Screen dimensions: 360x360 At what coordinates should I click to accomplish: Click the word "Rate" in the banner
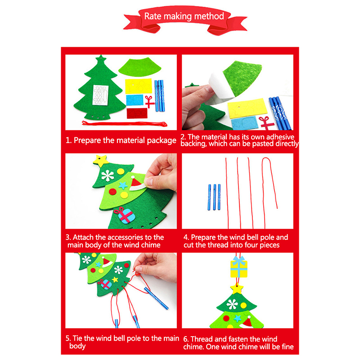(x=153, y=16)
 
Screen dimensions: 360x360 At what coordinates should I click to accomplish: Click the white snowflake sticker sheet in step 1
(x=100, y=95)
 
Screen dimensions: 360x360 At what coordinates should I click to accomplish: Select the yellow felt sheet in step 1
(x=139, y=86)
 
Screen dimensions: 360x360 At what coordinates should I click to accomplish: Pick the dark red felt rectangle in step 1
(x=137, y=113)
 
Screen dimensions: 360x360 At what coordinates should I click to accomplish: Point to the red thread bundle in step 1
(x=125, y=124)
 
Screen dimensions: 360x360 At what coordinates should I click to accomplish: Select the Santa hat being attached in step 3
(x=137, y=184)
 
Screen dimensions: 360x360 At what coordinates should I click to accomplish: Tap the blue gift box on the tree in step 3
(x=125, y=215)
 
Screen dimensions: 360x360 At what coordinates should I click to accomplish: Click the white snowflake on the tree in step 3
(x=108, y=176)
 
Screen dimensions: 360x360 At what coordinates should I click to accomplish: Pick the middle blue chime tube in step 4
(x=215, y=197)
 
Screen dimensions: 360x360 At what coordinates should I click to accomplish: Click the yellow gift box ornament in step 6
(x=239, y=267)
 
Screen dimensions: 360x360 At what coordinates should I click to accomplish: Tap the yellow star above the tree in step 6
(x=237, y=289)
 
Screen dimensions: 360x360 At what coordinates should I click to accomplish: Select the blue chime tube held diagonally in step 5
(x=156, y=298)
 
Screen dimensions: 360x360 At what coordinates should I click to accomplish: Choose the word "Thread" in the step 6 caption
(x=202, y=339)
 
